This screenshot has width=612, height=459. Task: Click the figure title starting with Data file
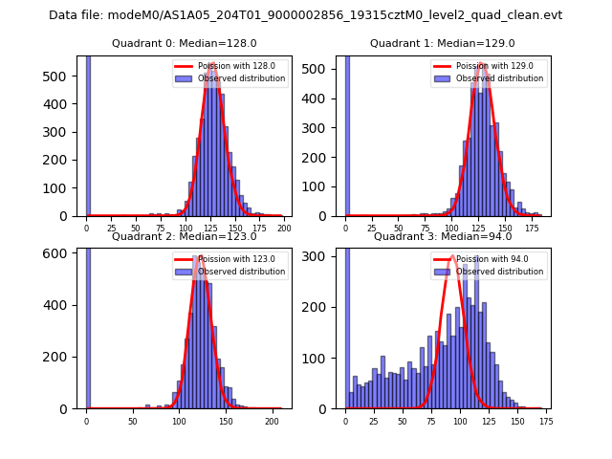pyautogui.click(x=305, y=15)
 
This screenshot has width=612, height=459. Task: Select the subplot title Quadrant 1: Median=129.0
pyautogui.click(x=442, y=43)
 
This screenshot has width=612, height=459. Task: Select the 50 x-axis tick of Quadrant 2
pyautogui.click(x=133, y=422)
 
